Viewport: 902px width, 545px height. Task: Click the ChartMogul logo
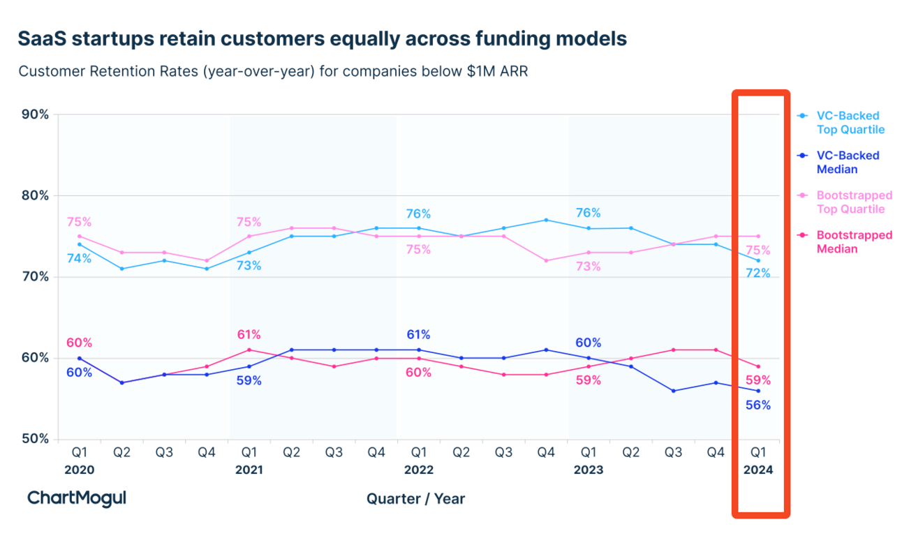pyautogui.click(x=77, y=498)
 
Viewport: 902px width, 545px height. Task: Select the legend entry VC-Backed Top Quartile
pyautogui.click(x=848, y=122)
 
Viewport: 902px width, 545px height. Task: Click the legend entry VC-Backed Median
pyautogui.click(x=848, y=162)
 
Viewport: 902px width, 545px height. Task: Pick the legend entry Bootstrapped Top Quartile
pyautogui.click(x=854, y=202)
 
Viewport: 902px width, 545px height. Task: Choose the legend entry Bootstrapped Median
pyautogui.click(x=854, y=242)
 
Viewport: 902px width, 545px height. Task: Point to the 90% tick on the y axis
pyautogui.click(x=34, y=114)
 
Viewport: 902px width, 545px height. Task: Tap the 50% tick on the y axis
pyautogui.click(x=34, y=439)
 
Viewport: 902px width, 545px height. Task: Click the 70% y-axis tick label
pyautogui.click(x=34, y=277)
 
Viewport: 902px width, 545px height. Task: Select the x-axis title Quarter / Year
pyautogui.click(x=415, y=498)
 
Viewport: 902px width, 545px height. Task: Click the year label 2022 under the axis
pyautogui.click(x=418, y=470)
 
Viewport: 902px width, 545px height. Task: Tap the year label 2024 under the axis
pyautogui.click(x=758, y=470)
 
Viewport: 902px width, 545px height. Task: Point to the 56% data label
pyautogui.click(x=757, y=405)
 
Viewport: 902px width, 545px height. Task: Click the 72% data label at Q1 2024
pyautogui.click(x=757, y=274)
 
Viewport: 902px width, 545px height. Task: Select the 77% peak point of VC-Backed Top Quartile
pyautogui.click(x=546, y=220)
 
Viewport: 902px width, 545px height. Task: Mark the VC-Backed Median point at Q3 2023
pyautogui.click(x=673, y=391)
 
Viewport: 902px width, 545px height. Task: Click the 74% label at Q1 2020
pyautogui.click(x=79, y=258)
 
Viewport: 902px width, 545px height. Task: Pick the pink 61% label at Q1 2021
pyautogui.click(x=249, y=335)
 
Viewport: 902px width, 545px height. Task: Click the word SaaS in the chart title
pyautogui.click(x=44, y=39)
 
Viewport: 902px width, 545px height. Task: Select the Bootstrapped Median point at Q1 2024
pyautogui.click(x=758, y=366)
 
